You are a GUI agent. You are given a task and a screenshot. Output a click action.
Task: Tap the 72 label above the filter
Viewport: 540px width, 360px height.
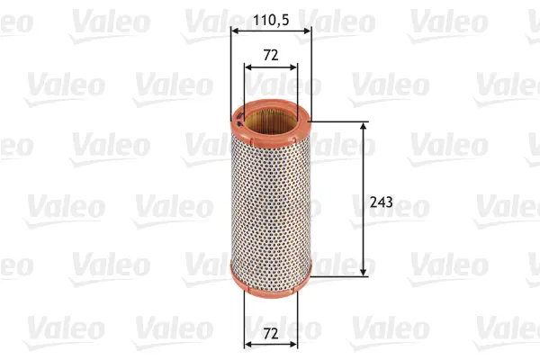(x=271, y=54)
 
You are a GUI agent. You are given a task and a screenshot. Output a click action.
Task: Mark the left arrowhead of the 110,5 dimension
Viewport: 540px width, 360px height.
(x=235, y=31)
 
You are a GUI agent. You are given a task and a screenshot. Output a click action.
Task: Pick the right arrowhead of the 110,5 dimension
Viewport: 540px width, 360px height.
(x=306, y=31)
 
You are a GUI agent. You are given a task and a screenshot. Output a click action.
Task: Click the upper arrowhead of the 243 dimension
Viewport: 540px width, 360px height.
(x=364, y=127)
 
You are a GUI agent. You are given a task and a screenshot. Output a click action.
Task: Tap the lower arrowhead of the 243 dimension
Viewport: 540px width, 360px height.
(x=364, y=269)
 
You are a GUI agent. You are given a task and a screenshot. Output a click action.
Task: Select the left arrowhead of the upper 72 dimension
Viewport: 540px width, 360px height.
(x=247, y=66)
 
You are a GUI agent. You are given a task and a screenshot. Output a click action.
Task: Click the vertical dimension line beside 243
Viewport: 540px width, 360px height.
(x=364, y=171)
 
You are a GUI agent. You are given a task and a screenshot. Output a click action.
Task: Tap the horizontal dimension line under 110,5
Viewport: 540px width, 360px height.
(x=270, y=31)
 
